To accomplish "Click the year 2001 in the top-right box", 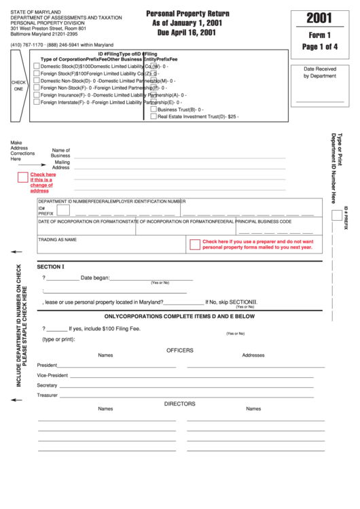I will click(x=319, y=18).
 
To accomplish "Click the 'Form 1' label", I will click(x=319, y=36).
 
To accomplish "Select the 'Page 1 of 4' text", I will click(x=319, y=48).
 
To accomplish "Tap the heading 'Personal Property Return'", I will click(x=187, y=13).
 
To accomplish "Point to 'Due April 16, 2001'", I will click(x=187, y=32).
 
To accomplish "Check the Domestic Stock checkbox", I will click(x=37, y=66).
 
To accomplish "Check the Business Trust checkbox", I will click(x=154, y=109).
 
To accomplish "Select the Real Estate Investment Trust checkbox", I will click(x=154, y=116).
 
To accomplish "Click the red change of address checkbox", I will click(x=23, y=178).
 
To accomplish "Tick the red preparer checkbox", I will click(x=195, y=244).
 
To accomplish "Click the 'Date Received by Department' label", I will click(x=319, y=73).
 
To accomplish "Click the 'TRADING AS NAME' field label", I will click(x=57, y=240).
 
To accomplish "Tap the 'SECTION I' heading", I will click(x=50, y=266).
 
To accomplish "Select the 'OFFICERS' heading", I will click(x=180, y=351).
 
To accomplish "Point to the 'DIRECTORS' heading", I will click(x=180, y=404).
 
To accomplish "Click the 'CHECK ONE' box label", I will click(x=18, y=86).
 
